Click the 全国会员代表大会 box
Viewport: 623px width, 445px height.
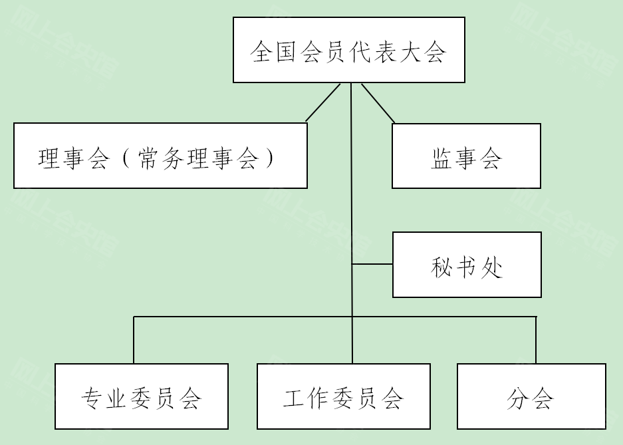[x=348, y=50]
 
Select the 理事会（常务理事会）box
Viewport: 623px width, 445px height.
[x=160, y=156]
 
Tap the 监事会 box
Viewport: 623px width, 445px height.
[x=466, y=156]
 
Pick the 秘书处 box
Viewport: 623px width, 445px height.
[x=467, y=265]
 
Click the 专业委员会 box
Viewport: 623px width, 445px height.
[x=142, y=396]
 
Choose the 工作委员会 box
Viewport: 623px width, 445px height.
[x=343, y=396]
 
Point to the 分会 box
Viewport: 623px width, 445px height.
[x=531, y=396]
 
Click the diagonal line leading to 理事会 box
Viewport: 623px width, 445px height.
[x=323, y=102]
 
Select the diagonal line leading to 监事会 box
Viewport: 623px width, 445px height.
[x=378, y=103]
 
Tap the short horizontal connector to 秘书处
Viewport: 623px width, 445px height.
[x=372, y=264]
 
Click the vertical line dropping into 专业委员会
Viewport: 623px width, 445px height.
[x=134, y=340]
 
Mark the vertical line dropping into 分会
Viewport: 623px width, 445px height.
[x=536, y=340]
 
